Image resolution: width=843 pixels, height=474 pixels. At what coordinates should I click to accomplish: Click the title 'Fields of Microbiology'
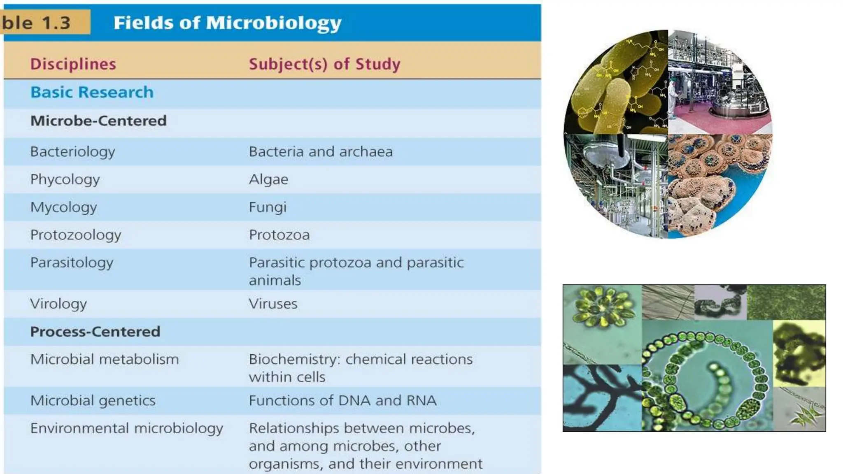tap(227, 23)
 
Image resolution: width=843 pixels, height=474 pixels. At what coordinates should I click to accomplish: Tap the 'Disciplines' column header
tap(73, 64)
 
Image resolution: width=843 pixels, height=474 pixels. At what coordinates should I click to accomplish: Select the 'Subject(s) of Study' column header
tap(324, 64)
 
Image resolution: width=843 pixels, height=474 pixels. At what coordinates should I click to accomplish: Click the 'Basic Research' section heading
tap(92, 92)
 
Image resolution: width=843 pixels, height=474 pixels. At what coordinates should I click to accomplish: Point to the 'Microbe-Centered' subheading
tap(98, 121)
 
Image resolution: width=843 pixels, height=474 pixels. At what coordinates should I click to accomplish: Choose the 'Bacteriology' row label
tap(72, 151)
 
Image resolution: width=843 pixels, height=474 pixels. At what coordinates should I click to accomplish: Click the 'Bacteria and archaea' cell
tap(321, 151)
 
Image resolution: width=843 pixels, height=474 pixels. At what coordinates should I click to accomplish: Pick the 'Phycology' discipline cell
tap(65, 179)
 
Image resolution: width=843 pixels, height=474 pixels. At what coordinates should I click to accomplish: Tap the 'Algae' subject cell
tap(268, 179)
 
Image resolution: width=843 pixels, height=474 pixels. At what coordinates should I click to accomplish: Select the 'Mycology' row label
tap(63, 207)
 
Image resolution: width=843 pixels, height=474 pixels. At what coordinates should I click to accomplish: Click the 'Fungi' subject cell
tap(268, 207)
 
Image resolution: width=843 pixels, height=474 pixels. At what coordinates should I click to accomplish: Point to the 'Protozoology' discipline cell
tap(76, 235)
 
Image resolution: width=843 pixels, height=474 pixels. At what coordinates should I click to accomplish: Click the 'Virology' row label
tap(58, 304)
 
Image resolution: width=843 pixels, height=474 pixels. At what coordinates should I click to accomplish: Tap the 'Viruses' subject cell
tap(273, 304)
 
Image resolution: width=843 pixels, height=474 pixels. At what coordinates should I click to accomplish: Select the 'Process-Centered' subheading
tap(95, 332)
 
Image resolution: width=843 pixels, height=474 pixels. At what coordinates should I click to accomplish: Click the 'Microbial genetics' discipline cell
tap(93, 400)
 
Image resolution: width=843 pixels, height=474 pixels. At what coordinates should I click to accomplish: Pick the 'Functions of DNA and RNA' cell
tap(342, 400)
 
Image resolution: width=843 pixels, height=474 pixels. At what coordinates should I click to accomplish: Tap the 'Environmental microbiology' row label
tap(126, 428)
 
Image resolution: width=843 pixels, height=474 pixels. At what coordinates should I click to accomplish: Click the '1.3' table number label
tap(56, 22)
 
